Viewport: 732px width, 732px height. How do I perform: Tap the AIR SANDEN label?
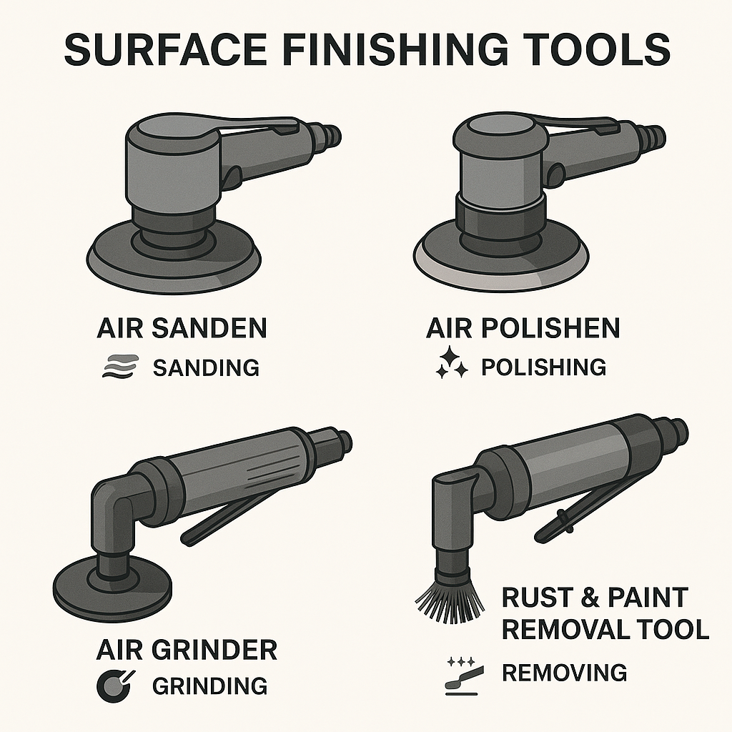[182, 329]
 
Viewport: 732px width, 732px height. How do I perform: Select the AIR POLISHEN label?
[523, 329]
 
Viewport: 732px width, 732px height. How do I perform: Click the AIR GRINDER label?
[187, 651]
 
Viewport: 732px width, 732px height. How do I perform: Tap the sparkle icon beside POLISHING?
[452, 363]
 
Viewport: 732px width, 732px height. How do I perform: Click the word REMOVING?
[564, 673]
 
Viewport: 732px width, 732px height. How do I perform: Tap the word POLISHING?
[543, 367]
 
